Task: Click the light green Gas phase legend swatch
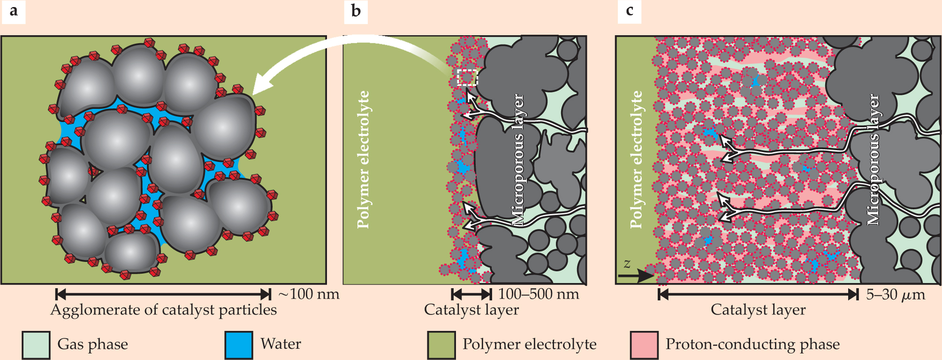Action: pos(36,345)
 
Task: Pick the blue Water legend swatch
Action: pos(239,345)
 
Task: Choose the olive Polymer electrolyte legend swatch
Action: pos(441,345)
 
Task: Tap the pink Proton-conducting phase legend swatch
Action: pos(644,345)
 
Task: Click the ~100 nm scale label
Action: pos(309,294)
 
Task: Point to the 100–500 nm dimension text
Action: pos(538,294)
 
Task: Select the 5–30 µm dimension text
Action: pos(895,294)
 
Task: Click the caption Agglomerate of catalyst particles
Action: pos(163,310)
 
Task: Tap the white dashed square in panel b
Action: pos(467,77)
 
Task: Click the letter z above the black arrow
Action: pos(627,263)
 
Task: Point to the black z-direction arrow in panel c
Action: pos(636,276)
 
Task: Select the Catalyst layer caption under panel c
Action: pos(758,310)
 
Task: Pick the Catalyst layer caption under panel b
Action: pos(471,310)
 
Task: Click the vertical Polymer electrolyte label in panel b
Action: pos(364,160)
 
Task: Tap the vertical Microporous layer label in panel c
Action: pos(873,160)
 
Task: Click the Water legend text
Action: pos(281,344)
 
